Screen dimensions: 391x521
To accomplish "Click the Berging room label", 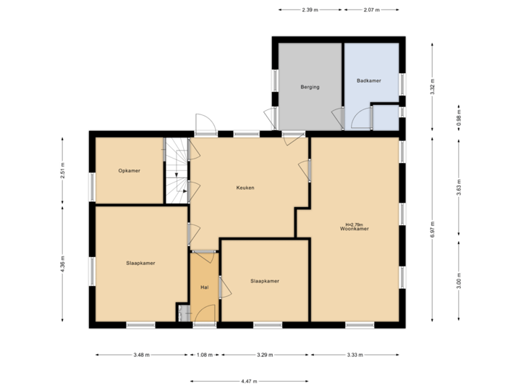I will (310, 87).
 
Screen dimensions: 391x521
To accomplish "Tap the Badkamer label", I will (369, 81).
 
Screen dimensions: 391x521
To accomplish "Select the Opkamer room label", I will (130, 171).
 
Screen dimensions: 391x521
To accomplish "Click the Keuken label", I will (245, 188).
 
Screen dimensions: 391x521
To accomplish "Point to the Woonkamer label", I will (355, 229).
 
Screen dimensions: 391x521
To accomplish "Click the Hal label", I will (205, 287).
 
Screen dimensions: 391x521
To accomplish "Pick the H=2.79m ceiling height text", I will (355, 224).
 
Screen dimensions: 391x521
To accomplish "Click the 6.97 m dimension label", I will (432, 228).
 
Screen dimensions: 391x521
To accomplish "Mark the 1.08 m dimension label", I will (206, 355).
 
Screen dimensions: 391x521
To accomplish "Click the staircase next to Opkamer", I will (176, 171).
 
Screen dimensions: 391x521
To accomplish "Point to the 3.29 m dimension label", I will (266, 355).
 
